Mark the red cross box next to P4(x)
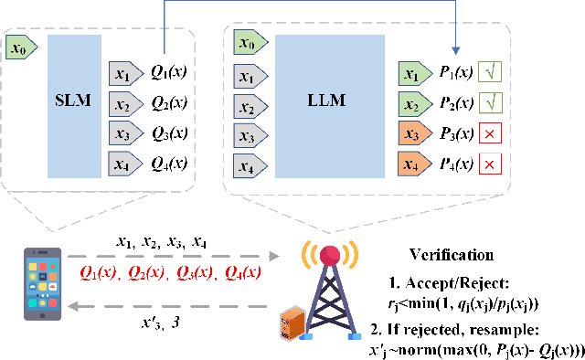click(x=489, y=165)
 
